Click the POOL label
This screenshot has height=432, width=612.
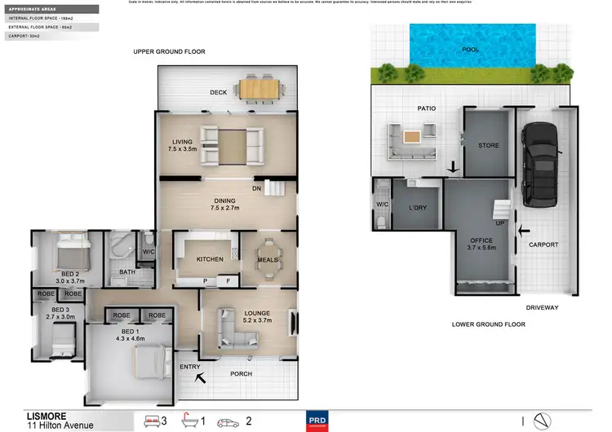tap(471, 49)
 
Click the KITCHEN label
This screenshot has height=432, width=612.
tap(210, 259)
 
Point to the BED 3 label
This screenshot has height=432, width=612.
tap(61, 311)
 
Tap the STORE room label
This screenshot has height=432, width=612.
tap(488, 146)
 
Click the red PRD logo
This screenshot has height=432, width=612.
tap(316, 421)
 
